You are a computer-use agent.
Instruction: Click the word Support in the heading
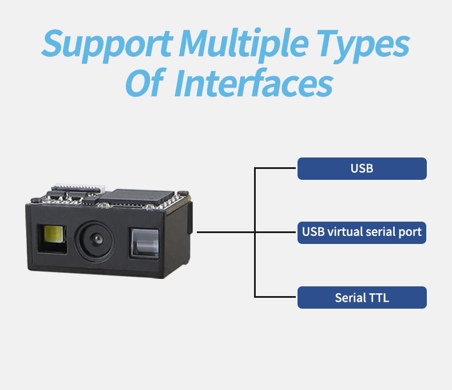(107, 46)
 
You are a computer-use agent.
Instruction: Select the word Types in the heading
(363, 46)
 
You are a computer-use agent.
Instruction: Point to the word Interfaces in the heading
(253, 83)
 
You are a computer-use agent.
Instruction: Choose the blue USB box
(362, 168)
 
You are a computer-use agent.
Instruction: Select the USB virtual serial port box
(362, 233)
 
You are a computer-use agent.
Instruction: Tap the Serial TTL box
(362, 297)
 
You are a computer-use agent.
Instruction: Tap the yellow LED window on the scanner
(54, 234)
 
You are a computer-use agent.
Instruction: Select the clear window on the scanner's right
(145, 243)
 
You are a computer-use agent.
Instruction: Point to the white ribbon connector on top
(80, 187)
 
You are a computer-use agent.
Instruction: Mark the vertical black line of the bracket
(255, 232)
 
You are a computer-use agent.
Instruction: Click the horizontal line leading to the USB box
(275, 168)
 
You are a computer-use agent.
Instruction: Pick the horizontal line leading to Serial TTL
(275, 297)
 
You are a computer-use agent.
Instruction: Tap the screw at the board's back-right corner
(183, 193)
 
